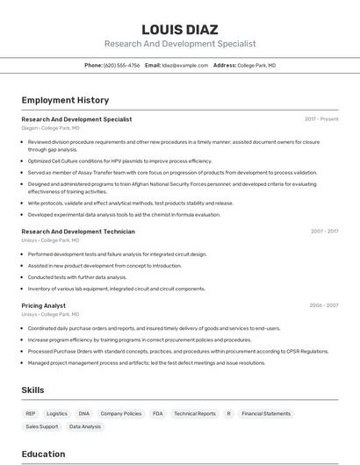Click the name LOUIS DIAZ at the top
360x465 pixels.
coord(180,29)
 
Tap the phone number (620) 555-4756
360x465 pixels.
coord(121,65)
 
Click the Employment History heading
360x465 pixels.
coord(65,100)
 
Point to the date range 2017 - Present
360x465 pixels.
coord(321,119)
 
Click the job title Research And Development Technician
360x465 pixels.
coord(78,232)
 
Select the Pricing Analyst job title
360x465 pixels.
coord(43,305)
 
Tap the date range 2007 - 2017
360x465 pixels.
coord(324,232)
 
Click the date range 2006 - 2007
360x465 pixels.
coord(323,305)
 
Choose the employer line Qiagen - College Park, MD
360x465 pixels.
coord(50,128)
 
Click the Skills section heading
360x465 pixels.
coord(33,389)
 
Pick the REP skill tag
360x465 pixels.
coord(31,413)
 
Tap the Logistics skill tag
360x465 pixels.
coord(57,413)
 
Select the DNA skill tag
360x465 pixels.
coord(84,413)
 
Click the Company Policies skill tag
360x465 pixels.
coord(120,413)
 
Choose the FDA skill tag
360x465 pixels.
coord(158,413)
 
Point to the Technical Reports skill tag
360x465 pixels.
coord(194,413)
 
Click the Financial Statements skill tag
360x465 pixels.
coord(266,413)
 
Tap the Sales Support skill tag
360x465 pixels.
coord(41,426)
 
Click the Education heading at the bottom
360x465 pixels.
coord(43,454)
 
